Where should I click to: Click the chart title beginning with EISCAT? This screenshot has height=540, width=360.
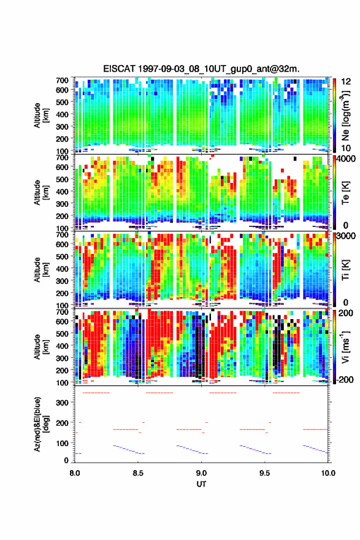201,69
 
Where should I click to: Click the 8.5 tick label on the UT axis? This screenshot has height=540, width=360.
138,473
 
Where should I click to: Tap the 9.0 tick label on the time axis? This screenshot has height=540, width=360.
201,473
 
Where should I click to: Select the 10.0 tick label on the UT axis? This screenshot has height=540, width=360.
328,473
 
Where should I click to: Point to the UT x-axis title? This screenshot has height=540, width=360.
201,484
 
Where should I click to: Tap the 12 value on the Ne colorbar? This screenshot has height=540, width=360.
346,82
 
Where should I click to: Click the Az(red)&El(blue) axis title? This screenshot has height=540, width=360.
41,424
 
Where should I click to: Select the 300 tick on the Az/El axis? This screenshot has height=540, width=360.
63,403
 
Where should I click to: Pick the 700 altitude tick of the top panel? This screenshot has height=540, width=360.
63,80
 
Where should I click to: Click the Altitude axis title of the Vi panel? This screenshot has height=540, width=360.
41,347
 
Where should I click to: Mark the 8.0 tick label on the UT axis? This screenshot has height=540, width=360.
75,473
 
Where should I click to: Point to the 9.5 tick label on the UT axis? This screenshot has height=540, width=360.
265,473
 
